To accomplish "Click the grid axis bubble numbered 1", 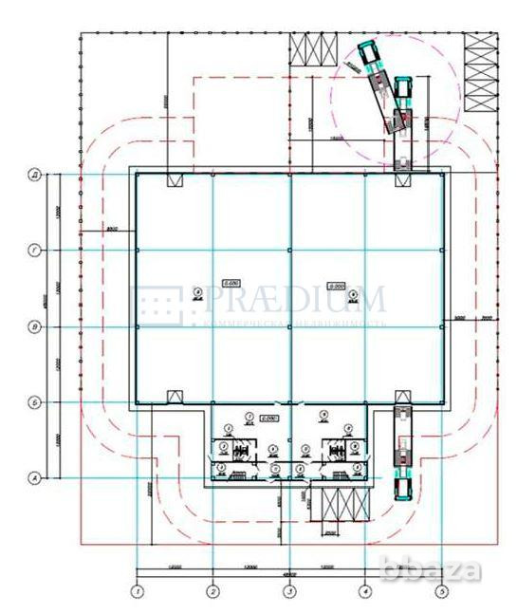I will (138, 592).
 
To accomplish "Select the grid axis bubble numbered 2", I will (213, 592).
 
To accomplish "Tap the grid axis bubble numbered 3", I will (289, 592).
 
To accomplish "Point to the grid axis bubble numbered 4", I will (365, 592).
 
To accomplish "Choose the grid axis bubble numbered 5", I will (441, 592).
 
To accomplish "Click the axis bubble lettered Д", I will (34, 175).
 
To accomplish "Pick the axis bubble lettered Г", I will (34, 251).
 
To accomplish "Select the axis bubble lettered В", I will (34, 326).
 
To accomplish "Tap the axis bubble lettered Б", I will (34, 401).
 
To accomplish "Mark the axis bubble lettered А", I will (34, 477).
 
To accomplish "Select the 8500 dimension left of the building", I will (111, 230).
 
